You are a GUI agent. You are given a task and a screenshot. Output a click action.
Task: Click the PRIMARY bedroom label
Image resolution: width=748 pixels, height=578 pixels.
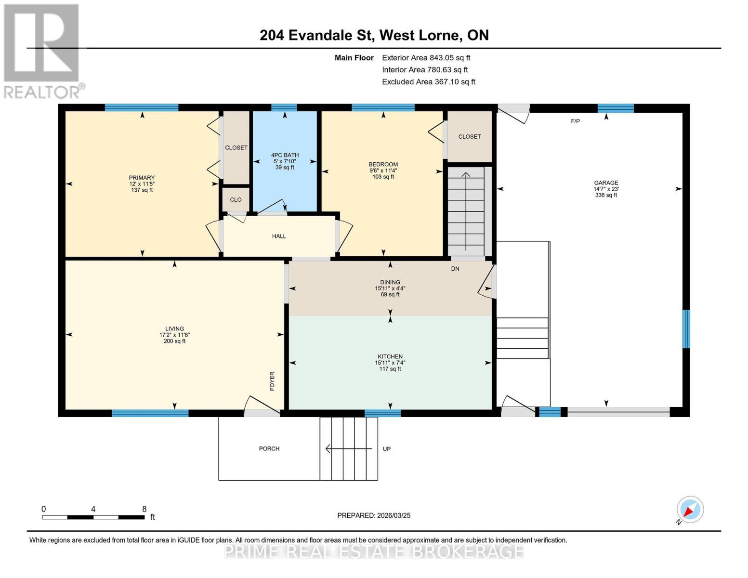[x=142, y=178]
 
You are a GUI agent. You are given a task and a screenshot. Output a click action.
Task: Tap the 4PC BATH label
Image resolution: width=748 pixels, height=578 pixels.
[x=285, y=155]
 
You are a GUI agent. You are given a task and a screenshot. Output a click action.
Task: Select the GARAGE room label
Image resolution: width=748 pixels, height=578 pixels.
[x=606, y=183]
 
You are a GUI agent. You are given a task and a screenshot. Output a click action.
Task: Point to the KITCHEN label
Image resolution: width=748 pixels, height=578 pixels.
[x=390, y=356]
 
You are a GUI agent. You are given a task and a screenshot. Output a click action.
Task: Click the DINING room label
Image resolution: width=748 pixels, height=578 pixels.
[x=390, y=282]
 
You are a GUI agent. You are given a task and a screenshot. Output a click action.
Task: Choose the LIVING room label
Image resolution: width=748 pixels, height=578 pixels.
[x=174, y=328]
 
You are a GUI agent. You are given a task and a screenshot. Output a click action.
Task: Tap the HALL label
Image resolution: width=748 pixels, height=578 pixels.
[x=279, y=236]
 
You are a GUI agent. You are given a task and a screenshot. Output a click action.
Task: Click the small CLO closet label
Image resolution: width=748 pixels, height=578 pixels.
[x=236, y=199]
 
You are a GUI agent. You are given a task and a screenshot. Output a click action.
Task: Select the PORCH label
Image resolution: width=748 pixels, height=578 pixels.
[x=269, y=448]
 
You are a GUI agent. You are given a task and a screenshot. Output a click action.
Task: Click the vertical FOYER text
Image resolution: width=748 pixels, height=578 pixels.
[x=272, y=381]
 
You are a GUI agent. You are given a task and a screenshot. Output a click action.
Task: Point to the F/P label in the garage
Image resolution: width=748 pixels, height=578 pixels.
[x=575, y=121]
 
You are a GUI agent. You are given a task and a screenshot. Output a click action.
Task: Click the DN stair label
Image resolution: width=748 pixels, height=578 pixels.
[x=455, y=269]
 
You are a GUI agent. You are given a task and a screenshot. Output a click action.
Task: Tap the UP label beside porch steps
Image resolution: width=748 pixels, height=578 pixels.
[x=387, y=449]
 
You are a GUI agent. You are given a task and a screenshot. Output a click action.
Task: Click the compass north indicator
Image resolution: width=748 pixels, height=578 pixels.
[x=690, y=510]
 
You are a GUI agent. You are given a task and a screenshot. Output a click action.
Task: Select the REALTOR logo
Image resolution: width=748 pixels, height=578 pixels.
[x=42, y=51]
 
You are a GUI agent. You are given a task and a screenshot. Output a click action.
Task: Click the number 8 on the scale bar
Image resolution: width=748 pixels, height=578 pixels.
[x=144, y=509]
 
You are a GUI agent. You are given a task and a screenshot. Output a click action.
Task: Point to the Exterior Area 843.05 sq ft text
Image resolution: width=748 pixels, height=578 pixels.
[x=426, y=58]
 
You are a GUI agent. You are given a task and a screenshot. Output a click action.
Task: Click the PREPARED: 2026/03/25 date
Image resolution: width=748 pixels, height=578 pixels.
[x=374, y=515]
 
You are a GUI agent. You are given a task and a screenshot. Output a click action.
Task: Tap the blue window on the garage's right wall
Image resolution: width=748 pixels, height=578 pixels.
[x=686, y=328]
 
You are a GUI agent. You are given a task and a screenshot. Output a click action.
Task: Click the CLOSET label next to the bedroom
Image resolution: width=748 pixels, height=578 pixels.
[x=470, y=137]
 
